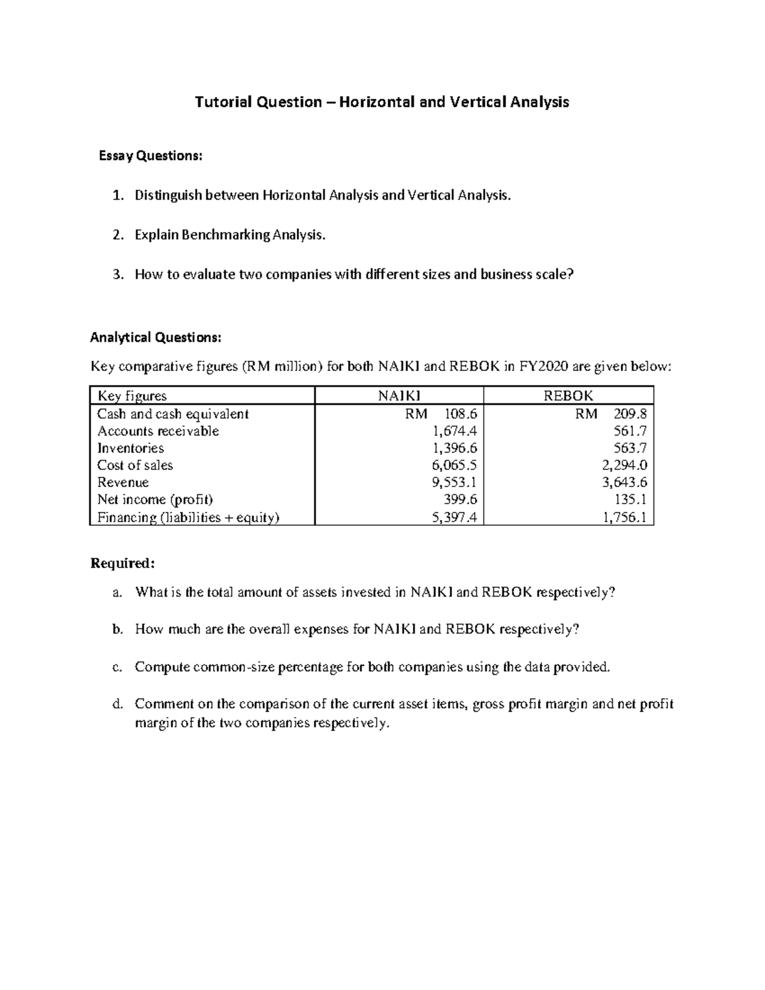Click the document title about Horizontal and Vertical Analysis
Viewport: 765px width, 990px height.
tap(382, 102)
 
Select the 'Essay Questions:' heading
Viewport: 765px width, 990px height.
tap(150, 156)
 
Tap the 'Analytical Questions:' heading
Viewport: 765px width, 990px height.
tap(156, 337)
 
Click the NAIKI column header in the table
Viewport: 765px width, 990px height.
tap(399, 396)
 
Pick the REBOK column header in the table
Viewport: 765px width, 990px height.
tap(568, 396)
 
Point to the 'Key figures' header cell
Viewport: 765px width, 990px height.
tap(132, 396)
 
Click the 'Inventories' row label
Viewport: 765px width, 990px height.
tap(130, 448)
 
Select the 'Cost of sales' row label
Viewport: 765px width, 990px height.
tap(135, 465)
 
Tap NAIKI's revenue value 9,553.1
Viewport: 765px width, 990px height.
tap(454, 483)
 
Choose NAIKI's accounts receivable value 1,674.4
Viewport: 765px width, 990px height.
tap(454, 431)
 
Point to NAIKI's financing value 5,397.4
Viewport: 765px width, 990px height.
tap(454, 518)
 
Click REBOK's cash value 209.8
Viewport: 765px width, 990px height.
tap(629, 414)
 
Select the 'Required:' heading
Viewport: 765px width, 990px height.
tap(122, 564)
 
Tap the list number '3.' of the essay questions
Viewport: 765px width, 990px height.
tap(117, 275)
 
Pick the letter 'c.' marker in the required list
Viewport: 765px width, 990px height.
tap(117, 667)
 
